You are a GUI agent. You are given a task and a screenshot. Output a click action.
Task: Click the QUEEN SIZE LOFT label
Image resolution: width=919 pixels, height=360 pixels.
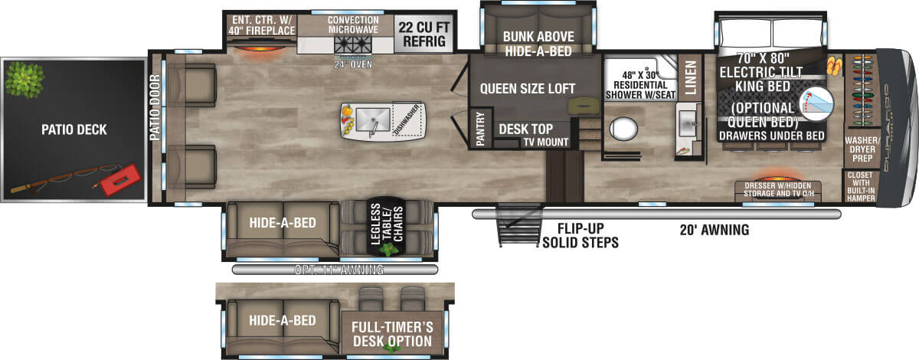pos(528,88)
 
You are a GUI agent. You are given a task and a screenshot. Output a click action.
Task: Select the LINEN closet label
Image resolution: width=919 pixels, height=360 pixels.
pos(690,77)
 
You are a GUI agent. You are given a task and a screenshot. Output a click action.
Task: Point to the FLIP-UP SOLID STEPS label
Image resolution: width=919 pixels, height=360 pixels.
pos(580,235)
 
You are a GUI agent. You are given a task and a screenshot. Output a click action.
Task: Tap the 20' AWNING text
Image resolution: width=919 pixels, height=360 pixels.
pos(713,229)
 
